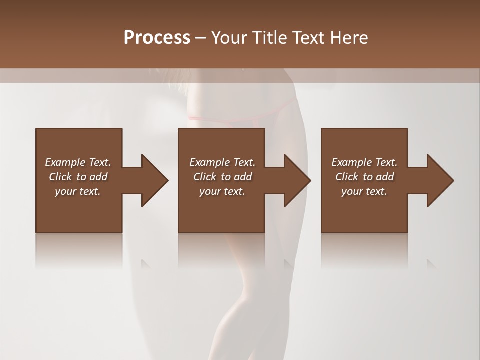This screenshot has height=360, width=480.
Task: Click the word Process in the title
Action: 157,38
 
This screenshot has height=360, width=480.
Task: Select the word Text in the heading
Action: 309,38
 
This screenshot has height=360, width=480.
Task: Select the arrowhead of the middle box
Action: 297,180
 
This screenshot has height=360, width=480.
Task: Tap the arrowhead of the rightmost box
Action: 440,180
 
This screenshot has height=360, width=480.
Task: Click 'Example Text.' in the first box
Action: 78,162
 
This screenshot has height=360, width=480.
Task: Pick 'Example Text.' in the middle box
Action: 222,162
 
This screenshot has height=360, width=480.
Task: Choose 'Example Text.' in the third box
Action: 364,162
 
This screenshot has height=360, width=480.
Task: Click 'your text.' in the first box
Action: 78,191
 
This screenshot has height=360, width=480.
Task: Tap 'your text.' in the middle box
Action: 222,191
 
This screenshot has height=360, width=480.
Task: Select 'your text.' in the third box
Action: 364,191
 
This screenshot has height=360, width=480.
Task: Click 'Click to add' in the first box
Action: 78,177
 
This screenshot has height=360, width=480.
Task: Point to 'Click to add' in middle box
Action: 222,177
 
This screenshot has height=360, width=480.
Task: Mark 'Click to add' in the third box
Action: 364,177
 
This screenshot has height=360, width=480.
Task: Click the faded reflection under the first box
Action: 79,250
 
